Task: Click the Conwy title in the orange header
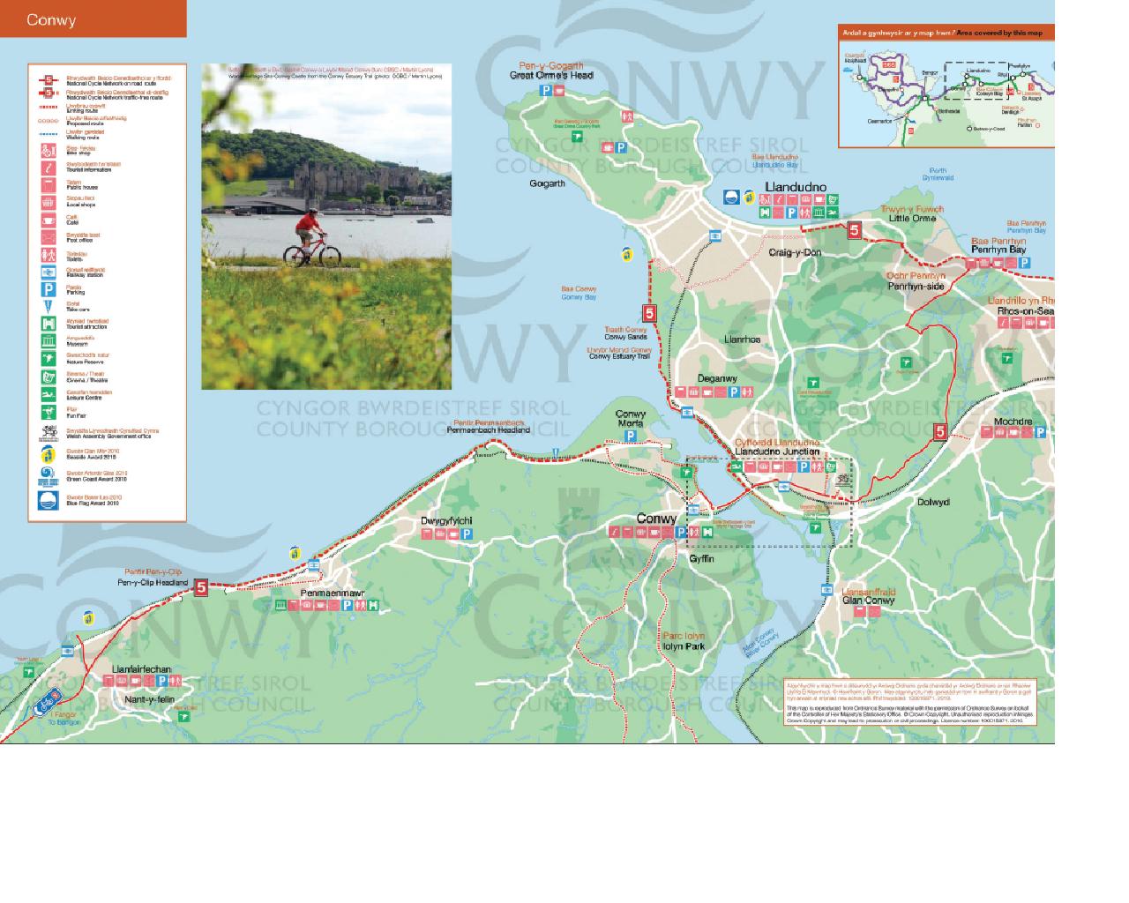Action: coord(51,19)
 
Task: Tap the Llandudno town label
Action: coord(796,187)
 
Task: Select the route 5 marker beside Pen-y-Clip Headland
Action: coord(201,586)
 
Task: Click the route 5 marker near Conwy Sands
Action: coord(649,313)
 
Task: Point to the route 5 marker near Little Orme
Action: coord(853,230)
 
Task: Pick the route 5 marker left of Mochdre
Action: coord(940,431)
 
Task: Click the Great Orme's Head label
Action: coord(551,76)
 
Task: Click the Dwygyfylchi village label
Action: coord(446,521)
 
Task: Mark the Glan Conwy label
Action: coord(868,601)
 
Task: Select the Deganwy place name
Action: coord(717,378)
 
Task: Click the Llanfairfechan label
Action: coord(142,669)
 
